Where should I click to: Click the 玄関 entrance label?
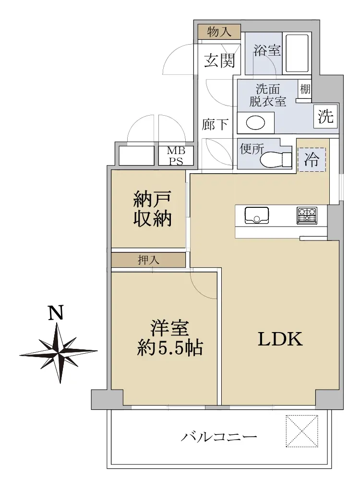point(219,60)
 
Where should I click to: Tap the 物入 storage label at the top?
point(219,32)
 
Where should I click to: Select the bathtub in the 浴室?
point(297,53)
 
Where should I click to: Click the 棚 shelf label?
point(305,89)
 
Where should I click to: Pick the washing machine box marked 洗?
point(326,116)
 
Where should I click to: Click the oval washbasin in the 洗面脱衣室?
point(255,123)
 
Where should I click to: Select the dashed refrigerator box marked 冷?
point(312,159)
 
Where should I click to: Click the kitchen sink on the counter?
point(257,215)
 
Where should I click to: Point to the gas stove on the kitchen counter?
point(307,215)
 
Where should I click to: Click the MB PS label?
point(176,156)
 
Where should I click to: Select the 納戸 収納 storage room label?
point(153,209)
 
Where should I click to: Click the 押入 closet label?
point(148,260)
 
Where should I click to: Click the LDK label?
point(280,339)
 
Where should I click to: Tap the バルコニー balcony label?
point(219,436)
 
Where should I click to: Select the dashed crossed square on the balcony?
point(302,431)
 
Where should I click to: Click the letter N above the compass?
point(56,312)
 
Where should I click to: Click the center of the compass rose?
point(59,353)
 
